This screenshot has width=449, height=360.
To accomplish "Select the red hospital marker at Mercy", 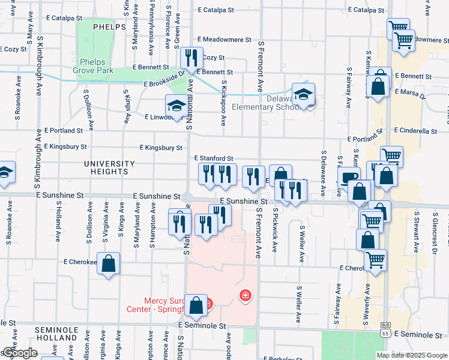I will pyautogui.click(x=244, y=295).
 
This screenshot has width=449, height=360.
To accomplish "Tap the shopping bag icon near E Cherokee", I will pyautogui.click(x=108, y=264).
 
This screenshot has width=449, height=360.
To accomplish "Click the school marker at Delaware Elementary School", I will pyautogui.click(x=303, y=94).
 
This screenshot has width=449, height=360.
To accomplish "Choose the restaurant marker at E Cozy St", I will pyautogui.click(x=191, y=58).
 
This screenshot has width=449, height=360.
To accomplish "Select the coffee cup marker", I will pyautogui.click(x=349, y=177).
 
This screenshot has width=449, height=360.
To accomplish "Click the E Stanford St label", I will pyautogui.click(x=213, y=158).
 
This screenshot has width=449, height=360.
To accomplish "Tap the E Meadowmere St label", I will pyautogui.click(x=227, y=40).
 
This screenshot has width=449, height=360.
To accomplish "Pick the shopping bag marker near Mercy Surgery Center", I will pyautogui.click(x=196, y=305).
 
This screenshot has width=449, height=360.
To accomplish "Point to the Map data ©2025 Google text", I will pyautogui.click(x=411, y=355).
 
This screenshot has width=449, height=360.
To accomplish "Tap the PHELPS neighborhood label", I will pyautogui.click(x=109, y=27).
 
